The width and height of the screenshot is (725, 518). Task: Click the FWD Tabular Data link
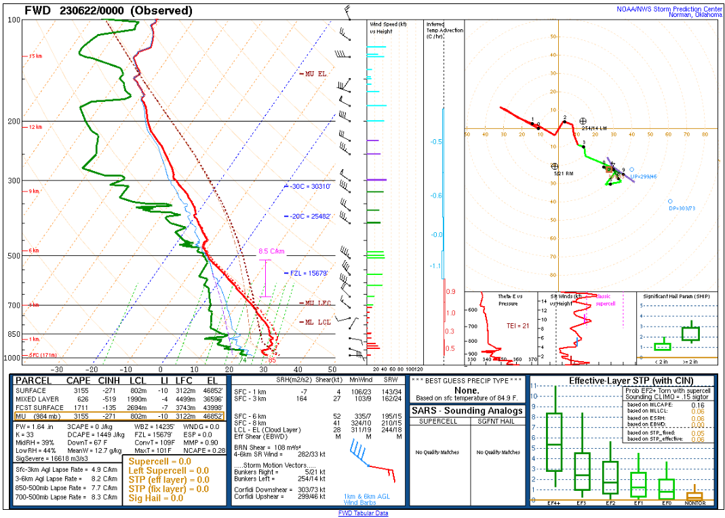(363, 513)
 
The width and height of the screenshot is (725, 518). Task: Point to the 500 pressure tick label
(12, 256)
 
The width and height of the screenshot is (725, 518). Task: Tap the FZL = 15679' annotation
(309, 274)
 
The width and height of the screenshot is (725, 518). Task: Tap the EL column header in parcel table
(212, 382)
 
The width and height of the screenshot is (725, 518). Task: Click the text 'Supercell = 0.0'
(160, 461)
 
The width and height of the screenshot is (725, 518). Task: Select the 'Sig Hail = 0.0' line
(156, 498)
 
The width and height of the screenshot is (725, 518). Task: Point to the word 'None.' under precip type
(468, 390)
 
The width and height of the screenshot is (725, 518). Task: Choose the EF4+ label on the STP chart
(555, 503)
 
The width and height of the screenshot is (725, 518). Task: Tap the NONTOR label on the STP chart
(695, 503)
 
